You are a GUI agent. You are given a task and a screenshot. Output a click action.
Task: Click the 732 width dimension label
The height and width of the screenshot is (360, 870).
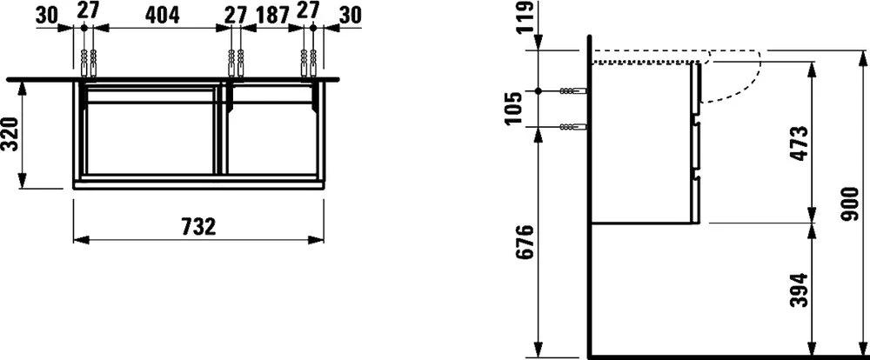pos(198,227)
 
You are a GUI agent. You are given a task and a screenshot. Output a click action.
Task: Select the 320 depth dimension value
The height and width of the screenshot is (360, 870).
pos(10,134)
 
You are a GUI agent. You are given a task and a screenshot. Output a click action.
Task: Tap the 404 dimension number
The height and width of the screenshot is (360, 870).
pos(162,16)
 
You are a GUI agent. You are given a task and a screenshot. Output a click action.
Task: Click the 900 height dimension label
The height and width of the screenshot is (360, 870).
pos(850,204)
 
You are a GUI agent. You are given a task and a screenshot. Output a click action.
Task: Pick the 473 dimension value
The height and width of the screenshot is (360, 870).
pos(800,143)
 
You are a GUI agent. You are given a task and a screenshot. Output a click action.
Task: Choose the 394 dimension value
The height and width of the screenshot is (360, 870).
pos(800,290)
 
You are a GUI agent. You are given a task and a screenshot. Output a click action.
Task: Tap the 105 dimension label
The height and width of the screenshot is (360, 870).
pos(515,108)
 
